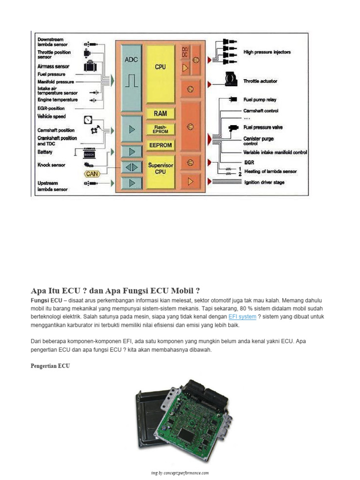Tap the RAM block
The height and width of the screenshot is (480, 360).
coord(160,113)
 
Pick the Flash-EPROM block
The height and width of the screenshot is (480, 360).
coord(160,129)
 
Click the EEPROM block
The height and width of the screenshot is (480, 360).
coord(160,145)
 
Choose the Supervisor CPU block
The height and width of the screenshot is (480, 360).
coord(160,169)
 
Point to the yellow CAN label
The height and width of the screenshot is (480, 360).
coord(92,174)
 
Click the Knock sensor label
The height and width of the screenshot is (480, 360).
coord(52,165)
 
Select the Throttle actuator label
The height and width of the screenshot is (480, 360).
coord(260,81)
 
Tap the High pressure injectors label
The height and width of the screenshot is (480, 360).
coord(267,52)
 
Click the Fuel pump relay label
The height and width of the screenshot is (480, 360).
coord(260,100)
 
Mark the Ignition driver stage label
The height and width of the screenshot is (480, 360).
coord(264,182)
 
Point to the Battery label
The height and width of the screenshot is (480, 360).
coord(45,152)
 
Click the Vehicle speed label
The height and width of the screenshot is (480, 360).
coord(52,116)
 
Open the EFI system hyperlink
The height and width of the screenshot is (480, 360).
coord(242,317)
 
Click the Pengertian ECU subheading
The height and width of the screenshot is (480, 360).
coord(51,366)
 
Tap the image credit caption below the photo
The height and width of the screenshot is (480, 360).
coord(180,473)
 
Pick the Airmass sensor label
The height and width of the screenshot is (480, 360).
coord(53,67)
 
